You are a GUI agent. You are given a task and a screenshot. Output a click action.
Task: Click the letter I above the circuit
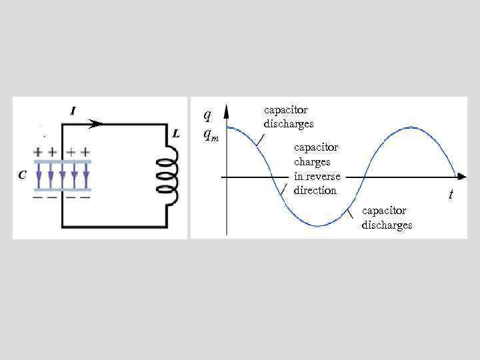73,111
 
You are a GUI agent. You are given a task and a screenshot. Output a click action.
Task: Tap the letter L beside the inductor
176,133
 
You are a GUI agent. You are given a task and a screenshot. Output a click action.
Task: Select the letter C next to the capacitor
23,175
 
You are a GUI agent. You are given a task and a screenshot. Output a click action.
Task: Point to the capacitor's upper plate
61,162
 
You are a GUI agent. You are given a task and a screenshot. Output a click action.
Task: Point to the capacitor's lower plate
61,189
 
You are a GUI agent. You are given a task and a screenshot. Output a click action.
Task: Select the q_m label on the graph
210,134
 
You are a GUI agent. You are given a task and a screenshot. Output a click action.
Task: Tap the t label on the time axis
451,195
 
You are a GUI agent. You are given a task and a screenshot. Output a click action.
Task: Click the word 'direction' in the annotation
315,190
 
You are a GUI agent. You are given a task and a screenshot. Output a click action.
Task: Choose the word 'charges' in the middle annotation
312,161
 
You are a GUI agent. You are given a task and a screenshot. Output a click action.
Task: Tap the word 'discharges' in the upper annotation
289,124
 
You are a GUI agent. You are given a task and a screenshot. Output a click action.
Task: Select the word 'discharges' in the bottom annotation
387,225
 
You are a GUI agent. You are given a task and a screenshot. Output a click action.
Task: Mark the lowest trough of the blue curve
319,226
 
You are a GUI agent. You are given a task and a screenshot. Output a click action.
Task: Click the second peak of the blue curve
411,126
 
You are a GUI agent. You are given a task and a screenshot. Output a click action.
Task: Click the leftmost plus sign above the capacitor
39,151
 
